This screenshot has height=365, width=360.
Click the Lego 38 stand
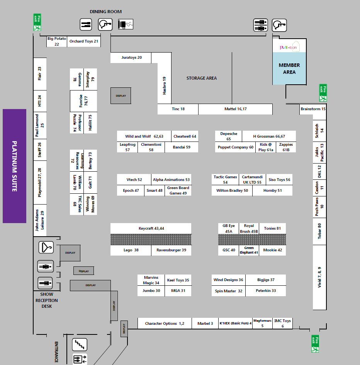click(131, 250)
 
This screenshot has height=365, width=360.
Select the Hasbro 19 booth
click(165, 85)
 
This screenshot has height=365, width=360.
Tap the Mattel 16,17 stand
click(235, 109)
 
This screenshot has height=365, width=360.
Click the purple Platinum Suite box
click(14, 166)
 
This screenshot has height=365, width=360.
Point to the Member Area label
click(289, 69)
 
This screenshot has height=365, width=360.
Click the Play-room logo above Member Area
click(289, 48)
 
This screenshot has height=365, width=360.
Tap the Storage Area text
click(202, 78)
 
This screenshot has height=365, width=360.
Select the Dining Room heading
click(105, 12)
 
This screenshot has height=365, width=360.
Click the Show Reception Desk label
click(46, 300)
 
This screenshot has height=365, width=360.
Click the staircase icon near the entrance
click(80, 344)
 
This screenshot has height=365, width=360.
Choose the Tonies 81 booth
click(272, 229)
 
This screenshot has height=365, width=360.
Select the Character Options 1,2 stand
click(165, 324)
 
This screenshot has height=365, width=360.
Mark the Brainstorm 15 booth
click(313, 109)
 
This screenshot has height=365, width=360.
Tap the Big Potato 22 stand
click(57, 41)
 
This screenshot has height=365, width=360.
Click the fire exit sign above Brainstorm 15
click(323, 93)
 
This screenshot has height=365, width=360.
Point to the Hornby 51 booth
click(272, 191)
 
